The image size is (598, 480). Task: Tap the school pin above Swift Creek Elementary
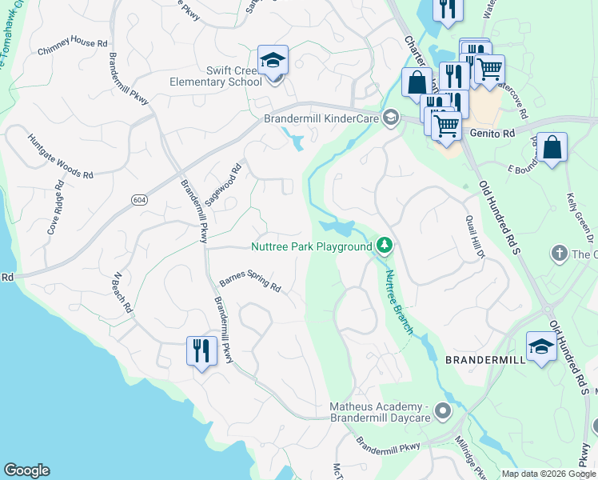coord(273,61)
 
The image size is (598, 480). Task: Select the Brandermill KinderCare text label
coord(321,118)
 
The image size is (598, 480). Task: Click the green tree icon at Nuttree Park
coord(385,246)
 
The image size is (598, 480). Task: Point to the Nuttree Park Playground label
coord(312,247)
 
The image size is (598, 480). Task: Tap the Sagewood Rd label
coord(223,186)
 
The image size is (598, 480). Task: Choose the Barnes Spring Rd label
coord(250,282)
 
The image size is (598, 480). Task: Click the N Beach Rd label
coord(123,293)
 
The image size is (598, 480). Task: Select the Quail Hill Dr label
coord(475,238)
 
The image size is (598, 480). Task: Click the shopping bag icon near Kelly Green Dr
coord(552,148)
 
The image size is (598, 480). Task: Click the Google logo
coord(26,470)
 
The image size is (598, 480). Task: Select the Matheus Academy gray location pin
coord(444,412)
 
